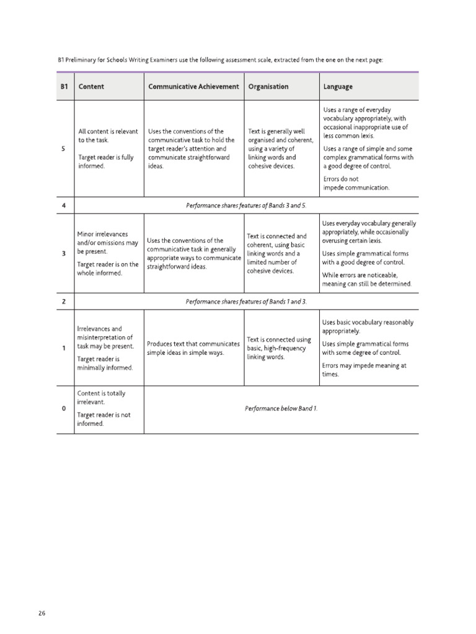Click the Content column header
click(x=91, y=87)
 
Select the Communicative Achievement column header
click(x=193, y=87)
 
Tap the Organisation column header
click(x=268, y=87)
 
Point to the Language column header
click(x=338, y=87)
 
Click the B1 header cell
click(x=64, y=87)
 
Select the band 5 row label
click(x=64, y=149)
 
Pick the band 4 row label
click(x=64, y=206)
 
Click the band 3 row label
click(x=64, y=254)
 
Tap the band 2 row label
click(x=64, y=302)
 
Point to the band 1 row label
click(x=64, y=348)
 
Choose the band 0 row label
click(x=64, y=409)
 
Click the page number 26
click(x=42, y=613)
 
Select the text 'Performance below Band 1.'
click(x=281, y=409)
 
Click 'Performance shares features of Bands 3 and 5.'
click(x=247, y=206)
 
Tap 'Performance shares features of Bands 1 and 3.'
click(x=247, y=302)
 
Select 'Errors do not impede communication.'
click(x=356, y=183)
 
